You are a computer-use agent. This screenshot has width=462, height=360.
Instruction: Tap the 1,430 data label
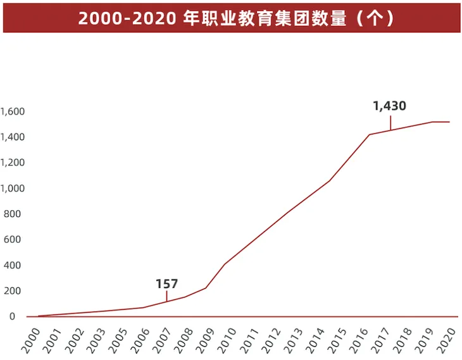pos(389,106)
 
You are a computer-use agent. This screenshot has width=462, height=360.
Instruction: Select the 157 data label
pos(167,284)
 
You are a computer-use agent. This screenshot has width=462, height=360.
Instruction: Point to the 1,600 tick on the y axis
pos(12,111)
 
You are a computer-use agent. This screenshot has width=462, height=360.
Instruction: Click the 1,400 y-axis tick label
pos(12,137)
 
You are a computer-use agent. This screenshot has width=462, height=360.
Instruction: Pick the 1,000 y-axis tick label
pos(12,189)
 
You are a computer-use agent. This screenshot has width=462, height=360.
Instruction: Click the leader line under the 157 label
pos(167,295)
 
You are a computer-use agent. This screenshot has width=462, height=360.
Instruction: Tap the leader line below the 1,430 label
pos(390,122)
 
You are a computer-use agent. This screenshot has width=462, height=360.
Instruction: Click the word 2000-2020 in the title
pos(127,18)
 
